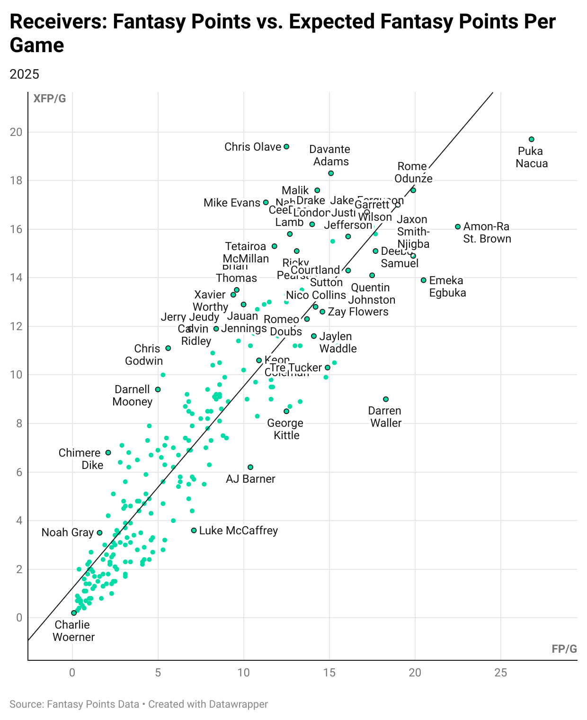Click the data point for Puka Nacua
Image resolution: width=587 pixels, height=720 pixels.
[x=532, y=139]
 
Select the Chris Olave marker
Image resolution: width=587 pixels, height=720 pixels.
[x=286, y=147]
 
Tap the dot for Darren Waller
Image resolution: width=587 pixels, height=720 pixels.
[x=386, y=399]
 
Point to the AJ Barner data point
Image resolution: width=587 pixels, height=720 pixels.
[x=250, y=467]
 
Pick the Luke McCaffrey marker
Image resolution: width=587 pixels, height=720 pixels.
[x=194, y=531]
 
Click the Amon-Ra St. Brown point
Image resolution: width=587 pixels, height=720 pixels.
[x=458, y=227]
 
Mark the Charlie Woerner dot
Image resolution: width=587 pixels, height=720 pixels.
[x=74, y=613]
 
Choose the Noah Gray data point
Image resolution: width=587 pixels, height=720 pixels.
[x=99, y=533]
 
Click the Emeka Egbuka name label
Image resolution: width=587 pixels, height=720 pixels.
[x=447, y=287]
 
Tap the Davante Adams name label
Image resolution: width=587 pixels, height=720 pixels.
[x=330, y=155]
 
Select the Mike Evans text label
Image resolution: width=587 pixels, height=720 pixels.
[x=231, y=203]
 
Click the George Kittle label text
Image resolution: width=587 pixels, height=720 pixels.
[x=286, y=429]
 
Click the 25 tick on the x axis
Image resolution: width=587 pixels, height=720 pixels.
[x=501, y=673]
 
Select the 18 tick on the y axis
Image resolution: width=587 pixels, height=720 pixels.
[x=17, y=181]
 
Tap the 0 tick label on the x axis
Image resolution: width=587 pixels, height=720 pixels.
[x=72, y=673]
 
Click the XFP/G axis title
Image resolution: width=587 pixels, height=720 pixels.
[x=49, y=99]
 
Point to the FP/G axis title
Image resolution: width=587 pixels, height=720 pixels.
[x=564, y=649]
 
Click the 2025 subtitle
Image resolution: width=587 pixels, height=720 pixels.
[x=25, y=74]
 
